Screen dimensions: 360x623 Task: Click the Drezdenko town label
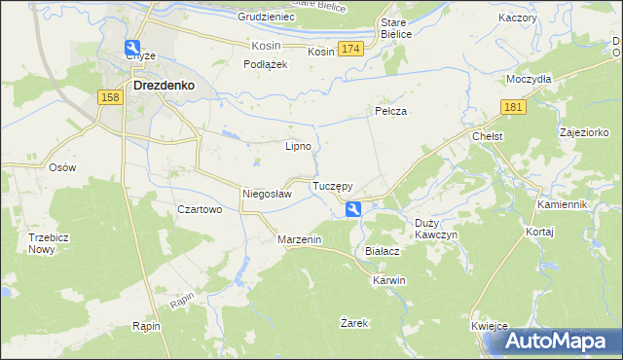[x=164, y=85]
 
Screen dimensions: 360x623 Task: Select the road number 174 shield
[x=351, y=49]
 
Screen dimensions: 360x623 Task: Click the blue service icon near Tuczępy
[x=353, y=207]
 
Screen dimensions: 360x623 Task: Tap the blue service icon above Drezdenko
[x=132, y=47]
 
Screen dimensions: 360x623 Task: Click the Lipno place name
[x=298, y=147]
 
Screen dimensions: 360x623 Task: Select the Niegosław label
[x=267, y=194]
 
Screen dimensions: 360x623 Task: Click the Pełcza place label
[x=389, y=112]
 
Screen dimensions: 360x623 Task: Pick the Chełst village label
[x=486, y=137]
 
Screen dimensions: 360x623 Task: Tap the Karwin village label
[x=387, y=280]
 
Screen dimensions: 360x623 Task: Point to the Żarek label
[x=354, y=322]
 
